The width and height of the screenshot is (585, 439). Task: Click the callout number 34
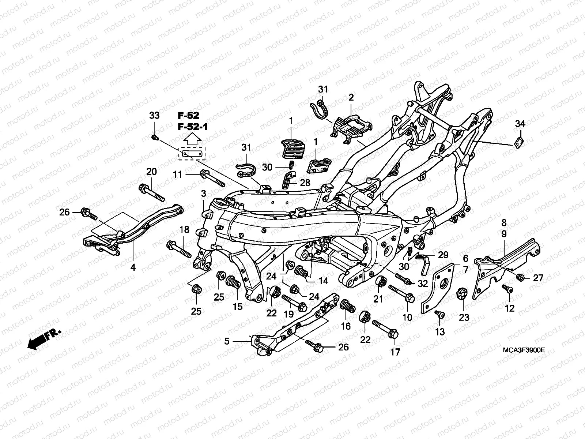click(520, 124)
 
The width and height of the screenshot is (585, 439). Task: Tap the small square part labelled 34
click(518, 142)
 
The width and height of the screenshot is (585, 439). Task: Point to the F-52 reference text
click(189, 116)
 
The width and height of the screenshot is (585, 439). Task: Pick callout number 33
click(154, 116)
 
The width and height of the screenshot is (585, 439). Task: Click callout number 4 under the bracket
click(133, 267)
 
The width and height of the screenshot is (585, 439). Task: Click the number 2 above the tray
click(351, 97)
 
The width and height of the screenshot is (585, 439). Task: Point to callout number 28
click(305, 183)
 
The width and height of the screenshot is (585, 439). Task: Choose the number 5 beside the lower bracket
click(227, 341)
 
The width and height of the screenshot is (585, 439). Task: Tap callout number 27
click(538, 278)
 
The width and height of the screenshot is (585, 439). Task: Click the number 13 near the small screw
click(440, 332)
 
